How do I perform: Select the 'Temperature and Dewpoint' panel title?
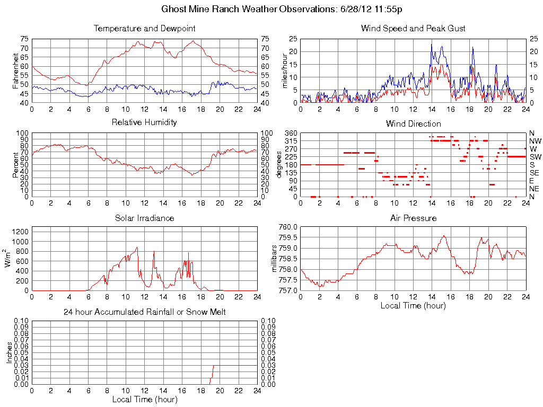[x=144, y=28]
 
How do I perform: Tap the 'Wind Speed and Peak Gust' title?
[x=413, y=28]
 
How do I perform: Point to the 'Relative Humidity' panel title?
[x=144, y=122]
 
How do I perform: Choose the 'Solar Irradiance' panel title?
[x=144, y=218]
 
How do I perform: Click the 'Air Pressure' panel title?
[x=413, y=218]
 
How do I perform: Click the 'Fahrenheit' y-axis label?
[x=16, y=70]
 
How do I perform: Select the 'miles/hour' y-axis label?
[x=285, y=70]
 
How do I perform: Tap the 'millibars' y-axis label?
[x=275, y=258]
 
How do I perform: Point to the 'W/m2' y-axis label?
[x=9, y=258]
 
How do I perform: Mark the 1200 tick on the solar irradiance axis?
[x=20, y=232]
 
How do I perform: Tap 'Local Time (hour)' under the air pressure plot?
[x=413, y=305]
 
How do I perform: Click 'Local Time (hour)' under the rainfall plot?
[x=144, y=399]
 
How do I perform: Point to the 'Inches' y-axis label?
[x=9, y=352]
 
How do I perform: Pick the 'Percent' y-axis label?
[x=16, y=164]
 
